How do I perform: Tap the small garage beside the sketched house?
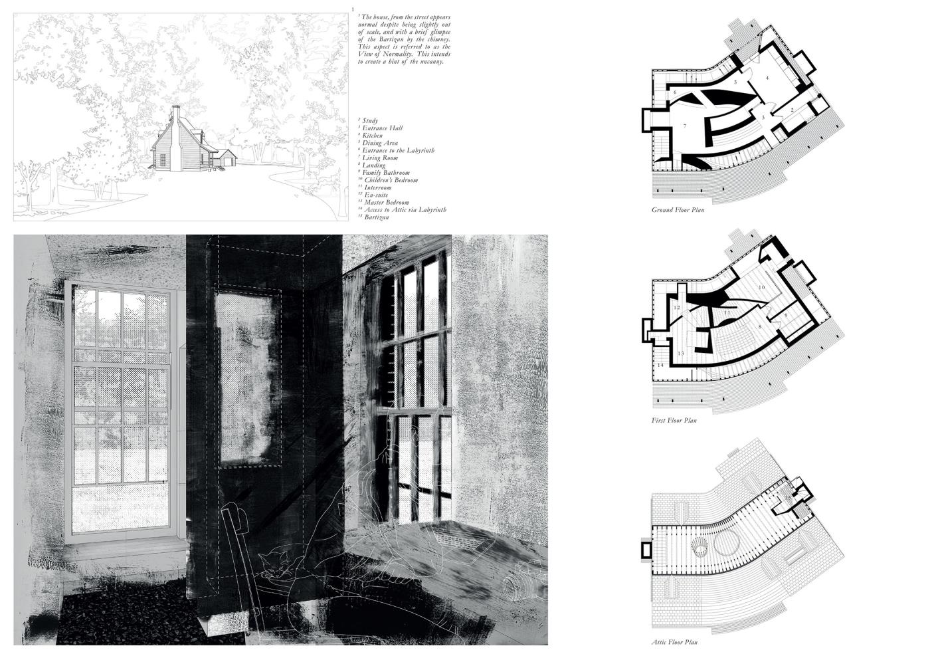pos(228,158)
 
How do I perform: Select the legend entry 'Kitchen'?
pos(371,136)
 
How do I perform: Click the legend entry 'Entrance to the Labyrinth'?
pos(399,150)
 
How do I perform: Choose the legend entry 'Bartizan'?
pos(375,217)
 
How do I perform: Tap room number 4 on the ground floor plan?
pos(767,78)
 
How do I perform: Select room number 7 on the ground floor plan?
pos(684,125)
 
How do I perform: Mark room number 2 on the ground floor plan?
pos(792,108)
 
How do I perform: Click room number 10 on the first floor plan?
pos(762,286)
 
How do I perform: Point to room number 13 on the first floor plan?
pos(680,353)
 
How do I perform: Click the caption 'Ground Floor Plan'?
pos(678,210)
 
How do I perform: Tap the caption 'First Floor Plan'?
pos(674,420)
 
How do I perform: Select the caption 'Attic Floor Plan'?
pos(674,642)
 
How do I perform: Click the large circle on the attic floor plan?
pos(725,542)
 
